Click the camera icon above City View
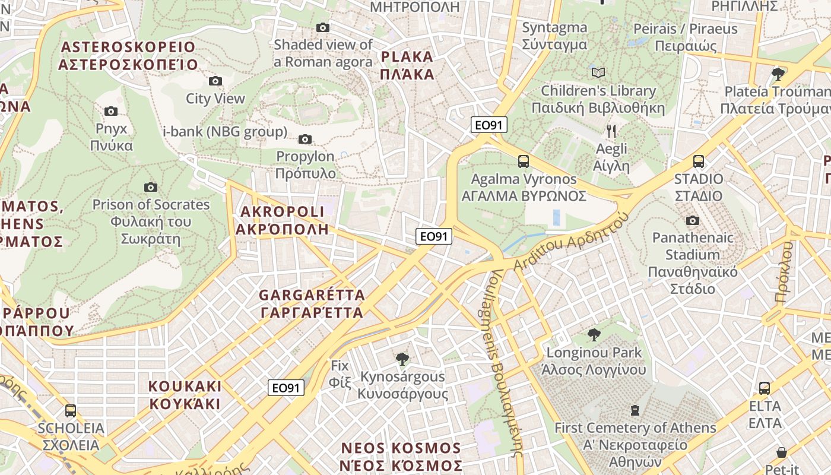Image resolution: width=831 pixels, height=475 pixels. tap(215, 81)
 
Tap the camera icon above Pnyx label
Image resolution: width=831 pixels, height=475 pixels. tap(111, 111)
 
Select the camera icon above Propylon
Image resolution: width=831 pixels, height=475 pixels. tap(305, 139)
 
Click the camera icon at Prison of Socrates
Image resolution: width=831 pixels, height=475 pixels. tap(151, 187)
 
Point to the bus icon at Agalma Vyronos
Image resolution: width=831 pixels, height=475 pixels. tap(524, 161)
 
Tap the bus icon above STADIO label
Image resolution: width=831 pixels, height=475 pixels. tap(699, 161)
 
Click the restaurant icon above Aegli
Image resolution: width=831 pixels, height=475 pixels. tap(612, 131)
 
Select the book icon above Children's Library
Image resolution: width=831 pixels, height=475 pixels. tap(598, 72)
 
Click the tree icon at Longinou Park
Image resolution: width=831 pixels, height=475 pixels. tap(594, 335)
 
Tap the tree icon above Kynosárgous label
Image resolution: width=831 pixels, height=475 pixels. tap(402, 359)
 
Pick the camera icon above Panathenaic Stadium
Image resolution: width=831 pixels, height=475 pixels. tap(692, 220)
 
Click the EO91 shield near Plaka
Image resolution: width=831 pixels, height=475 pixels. tap(490, 125)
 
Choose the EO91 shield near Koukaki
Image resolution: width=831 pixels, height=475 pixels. tap(286, 388)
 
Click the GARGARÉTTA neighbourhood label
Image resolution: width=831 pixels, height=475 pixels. tap(312, 303)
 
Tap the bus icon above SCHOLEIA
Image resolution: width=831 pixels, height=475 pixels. tap(71, 410)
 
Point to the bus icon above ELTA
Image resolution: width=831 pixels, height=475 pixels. tap(765, 388)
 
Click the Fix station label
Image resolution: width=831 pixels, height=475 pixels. tap(340, 373)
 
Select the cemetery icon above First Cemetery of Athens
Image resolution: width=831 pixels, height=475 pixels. tap(635, 410)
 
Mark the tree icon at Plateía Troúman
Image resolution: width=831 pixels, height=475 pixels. tap(778, 74)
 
